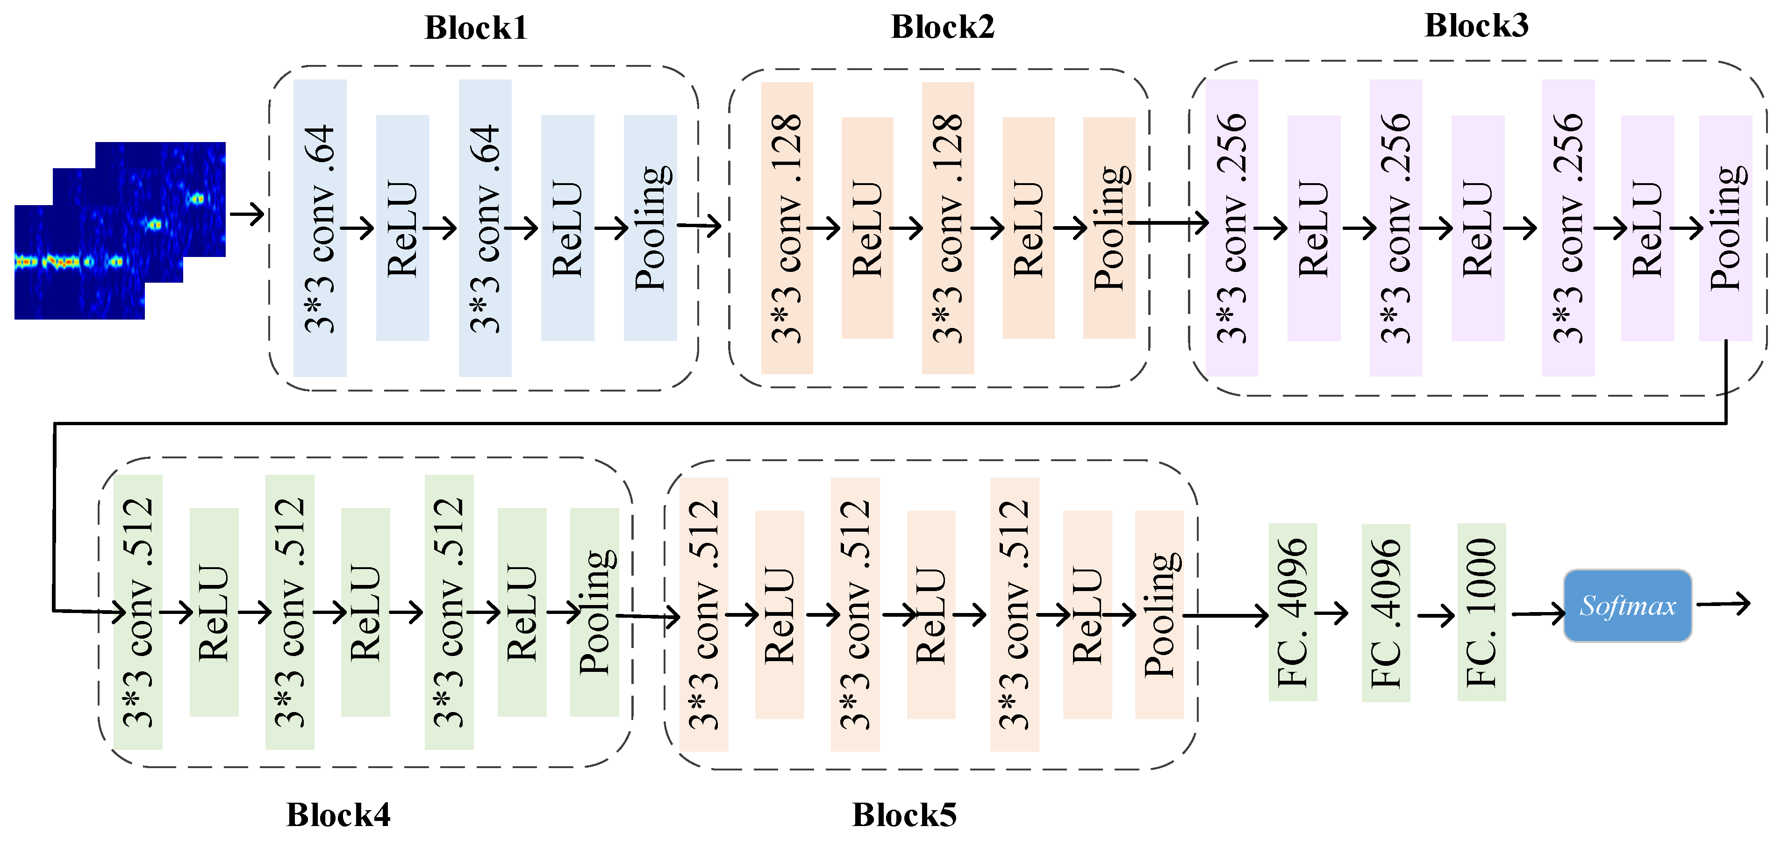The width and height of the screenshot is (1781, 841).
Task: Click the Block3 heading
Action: pos(1476,26)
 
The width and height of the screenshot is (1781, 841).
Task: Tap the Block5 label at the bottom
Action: pos(904,815)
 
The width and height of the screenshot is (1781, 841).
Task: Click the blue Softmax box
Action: pos(1628,606)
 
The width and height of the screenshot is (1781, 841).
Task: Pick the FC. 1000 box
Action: pos(1481,612)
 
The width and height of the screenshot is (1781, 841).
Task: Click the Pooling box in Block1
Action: pos(650,228)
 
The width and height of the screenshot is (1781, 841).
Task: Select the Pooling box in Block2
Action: pos(1109,228)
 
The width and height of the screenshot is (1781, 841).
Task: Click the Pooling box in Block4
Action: pos(594,612)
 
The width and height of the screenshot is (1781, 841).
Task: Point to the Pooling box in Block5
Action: pos(1159,615)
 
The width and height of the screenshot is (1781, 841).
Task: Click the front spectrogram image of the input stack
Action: pos(79,263)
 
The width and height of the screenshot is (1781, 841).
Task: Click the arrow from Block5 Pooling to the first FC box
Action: pos(1226,615)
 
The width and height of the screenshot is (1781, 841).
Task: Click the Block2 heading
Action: pos(942,28)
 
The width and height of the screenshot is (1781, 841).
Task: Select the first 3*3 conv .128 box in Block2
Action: pos(787,228)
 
